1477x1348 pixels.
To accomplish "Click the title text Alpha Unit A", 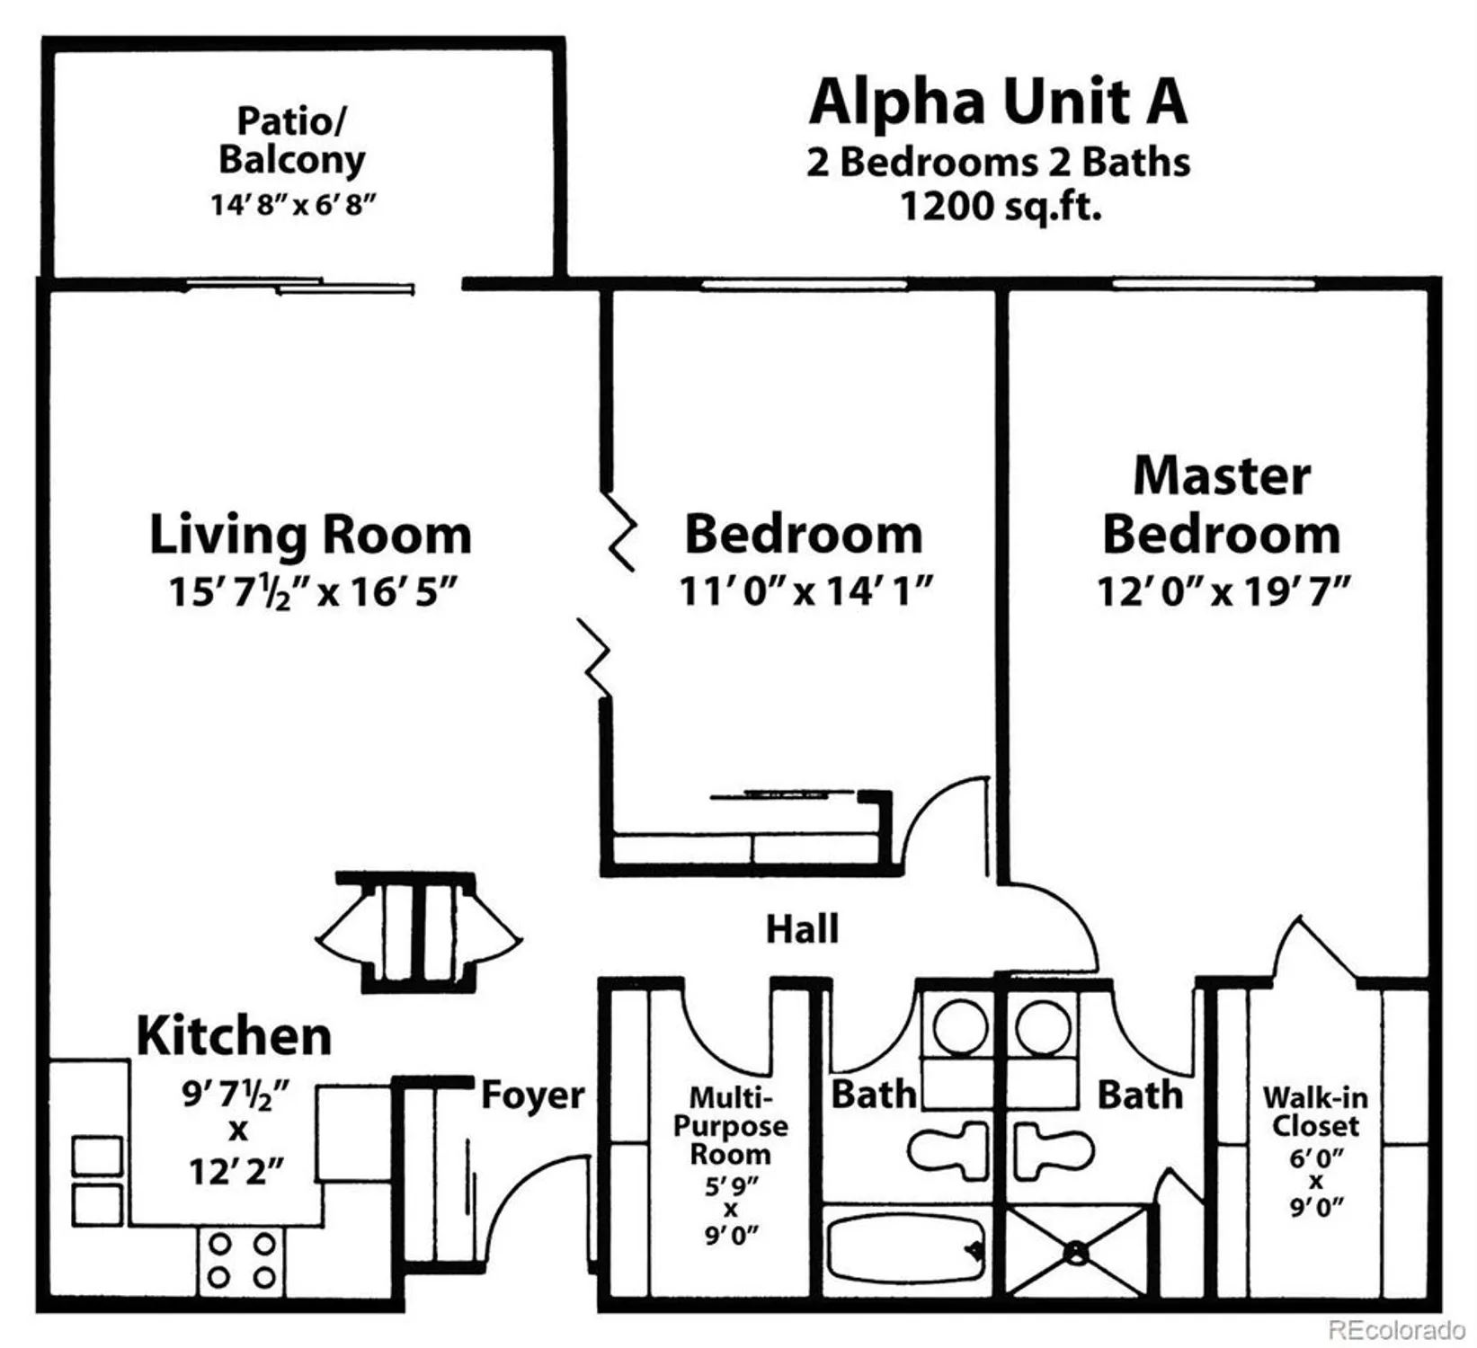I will click(x=998, y=102).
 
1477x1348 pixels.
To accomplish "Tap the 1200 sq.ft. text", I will click(x=1000, y=208).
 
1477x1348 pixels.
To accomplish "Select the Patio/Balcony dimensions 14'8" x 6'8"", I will click(x=292, y=205).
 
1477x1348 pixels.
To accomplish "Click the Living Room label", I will click(x=310, y=535).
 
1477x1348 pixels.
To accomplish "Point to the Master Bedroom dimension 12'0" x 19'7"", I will click(x=1223, y=592).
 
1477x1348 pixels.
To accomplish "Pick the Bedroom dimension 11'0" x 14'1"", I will click(x=805, y=592).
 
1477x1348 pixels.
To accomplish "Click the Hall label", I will click(x=802, y=929).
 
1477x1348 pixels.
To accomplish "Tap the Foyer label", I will click(x=532, y=1095).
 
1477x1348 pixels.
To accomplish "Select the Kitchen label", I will click(x=234, y=1036).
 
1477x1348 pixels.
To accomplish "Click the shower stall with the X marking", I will click(x=1076, y=1251).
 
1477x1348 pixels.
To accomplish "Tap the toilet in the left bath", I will click(x=948, y=1150).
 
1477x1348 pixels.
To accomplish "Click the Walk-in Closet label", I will click(x=1315, y=1112).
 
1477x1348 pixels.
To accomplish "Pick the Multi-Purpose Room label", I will click(x=730, y=1125).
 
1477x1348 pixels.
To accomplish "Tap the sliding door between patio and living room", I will click(x=301, y=287).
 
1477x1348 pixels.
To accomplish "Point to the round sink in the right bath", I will click(x=1043, y=1025).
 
